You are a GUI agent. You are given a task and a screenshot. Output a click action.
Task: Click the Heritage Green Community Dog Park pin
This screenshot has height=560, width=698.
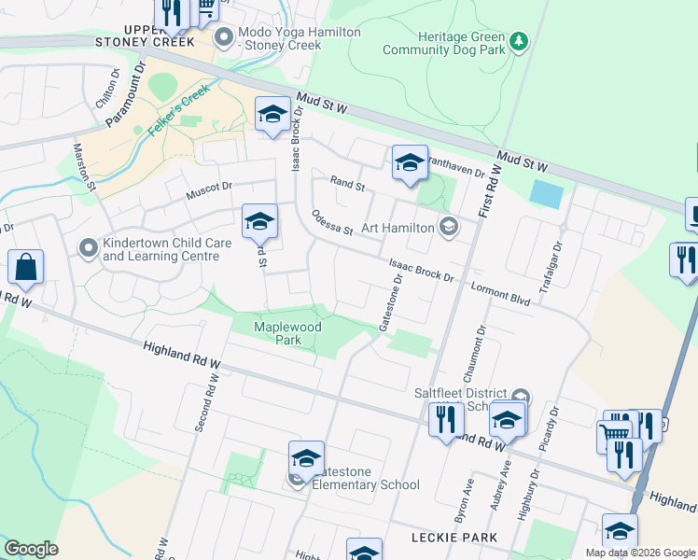(519, 41)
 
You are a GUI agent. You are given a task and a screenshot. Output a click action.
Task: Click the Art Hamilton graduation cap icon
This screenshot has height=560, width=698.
(449, 227)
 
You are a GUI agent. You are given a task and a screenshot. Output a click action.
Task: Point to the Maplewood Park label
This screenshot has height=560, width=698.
(278, 334)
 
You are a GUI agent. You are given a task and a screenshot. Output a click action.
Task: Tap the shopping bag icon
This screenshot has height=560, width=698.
(26, 268)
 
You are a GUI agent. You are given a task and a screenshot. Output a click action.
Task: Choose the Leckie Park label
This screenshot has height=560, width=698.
(454, 539)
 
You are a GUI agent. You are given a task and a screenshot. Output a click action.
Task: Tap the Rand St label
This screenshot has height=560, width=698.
(347, 184)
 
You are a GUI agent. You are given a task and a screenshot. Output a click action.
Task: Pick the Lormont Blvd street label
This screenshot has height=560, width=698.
(500, 293)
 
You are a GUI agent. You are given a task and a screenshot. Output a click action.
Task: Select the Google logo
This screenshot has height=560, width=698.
(31, 549)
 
